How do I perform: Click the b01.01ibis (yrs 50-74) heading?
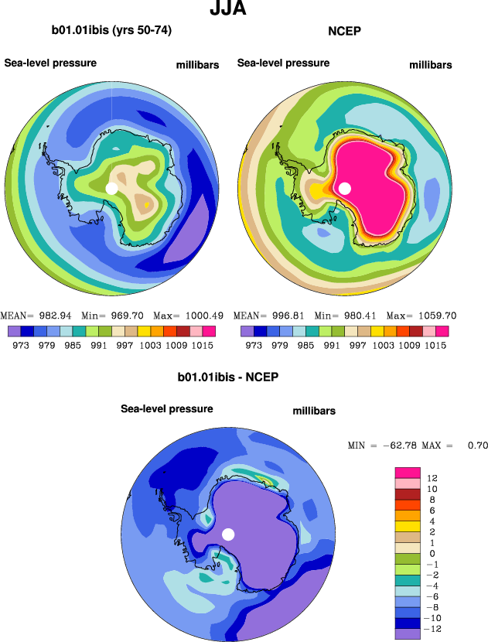pyautogui.click(x=111, y=31)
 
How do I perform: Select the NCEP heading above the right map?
pyautogui.click(x=344, y=31)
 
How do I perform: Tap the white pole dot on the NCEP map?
pyautogui.click(x=345, y=188)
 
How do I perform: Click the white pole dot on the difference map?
pyautogui.click(x=228, y=534)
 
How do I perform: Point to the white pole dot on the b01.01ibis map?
pyautogui.click(x=111, y=188)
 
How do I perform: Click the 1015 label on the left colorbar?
pyautogui.click(x=203, y=345)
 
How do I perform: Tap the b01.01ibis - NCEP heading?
pyautogui.click(x=227, y=377)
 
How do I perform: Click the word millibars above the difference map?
pyautogui.click(x=314, y=411)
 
